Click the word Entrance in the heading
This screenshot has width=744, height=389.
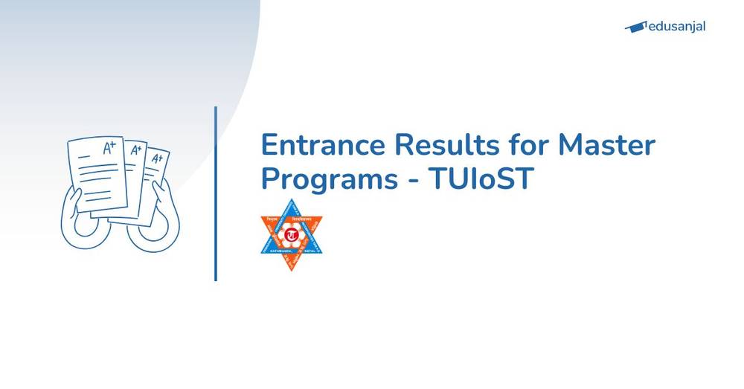coord(317,144)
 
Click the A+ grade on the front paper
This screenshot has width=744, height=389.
coord(109,148)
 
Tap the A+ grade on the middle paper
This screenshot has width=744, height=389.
coord(136,151)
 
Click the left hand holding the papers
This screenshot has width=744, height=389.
coord(79,219)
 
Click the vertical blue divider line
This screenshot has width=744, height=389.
coord(216,193)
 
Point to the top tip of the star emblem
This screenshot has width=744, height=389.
coord(291,202)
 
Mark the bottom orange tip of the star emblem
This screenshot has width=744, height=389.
coord(291,269)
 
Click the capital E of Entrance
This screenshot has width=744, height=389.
coord(269,144)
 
